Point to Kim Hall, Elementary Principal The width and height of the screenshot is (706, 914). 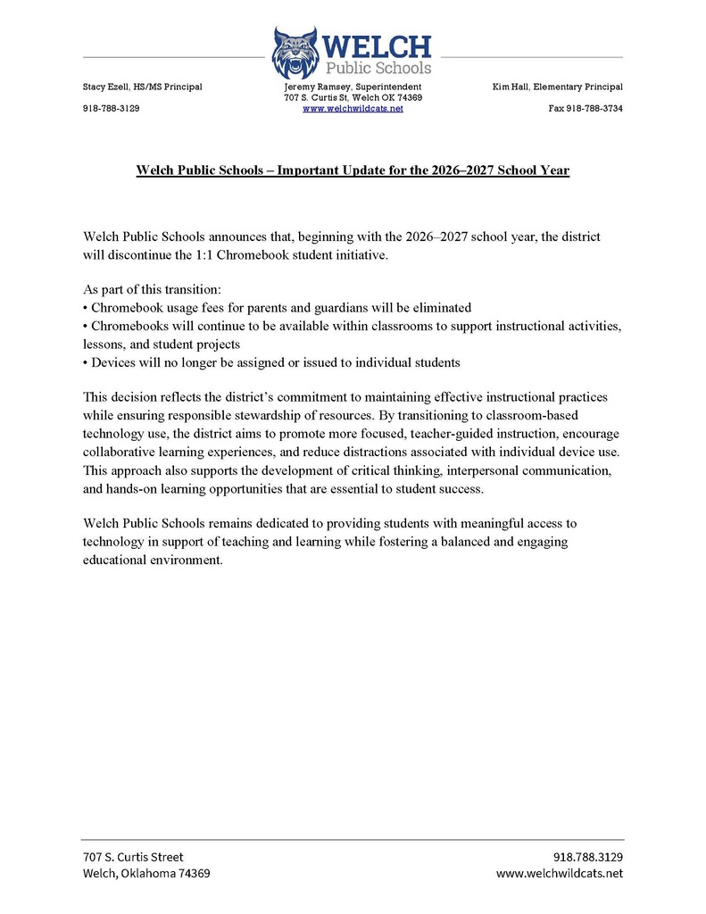click(557, 87)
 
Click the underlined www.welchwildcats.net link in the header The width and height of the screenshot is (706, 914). click(353, 108)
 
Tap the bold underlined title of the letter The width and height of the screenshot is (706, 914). click(353, 170)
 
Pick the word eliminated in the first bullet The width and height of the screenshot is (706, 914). click(439, 308)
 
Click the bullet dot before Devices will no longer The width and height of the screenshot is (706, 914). click(86, 362)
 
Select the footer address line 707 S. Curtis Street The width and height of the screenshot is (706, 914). click(133, 856)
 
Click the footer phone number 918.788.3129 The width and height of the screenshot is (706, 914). click(588, 856)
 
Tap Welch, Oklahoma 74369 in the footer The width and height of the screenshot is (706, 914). click(146, 873)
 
